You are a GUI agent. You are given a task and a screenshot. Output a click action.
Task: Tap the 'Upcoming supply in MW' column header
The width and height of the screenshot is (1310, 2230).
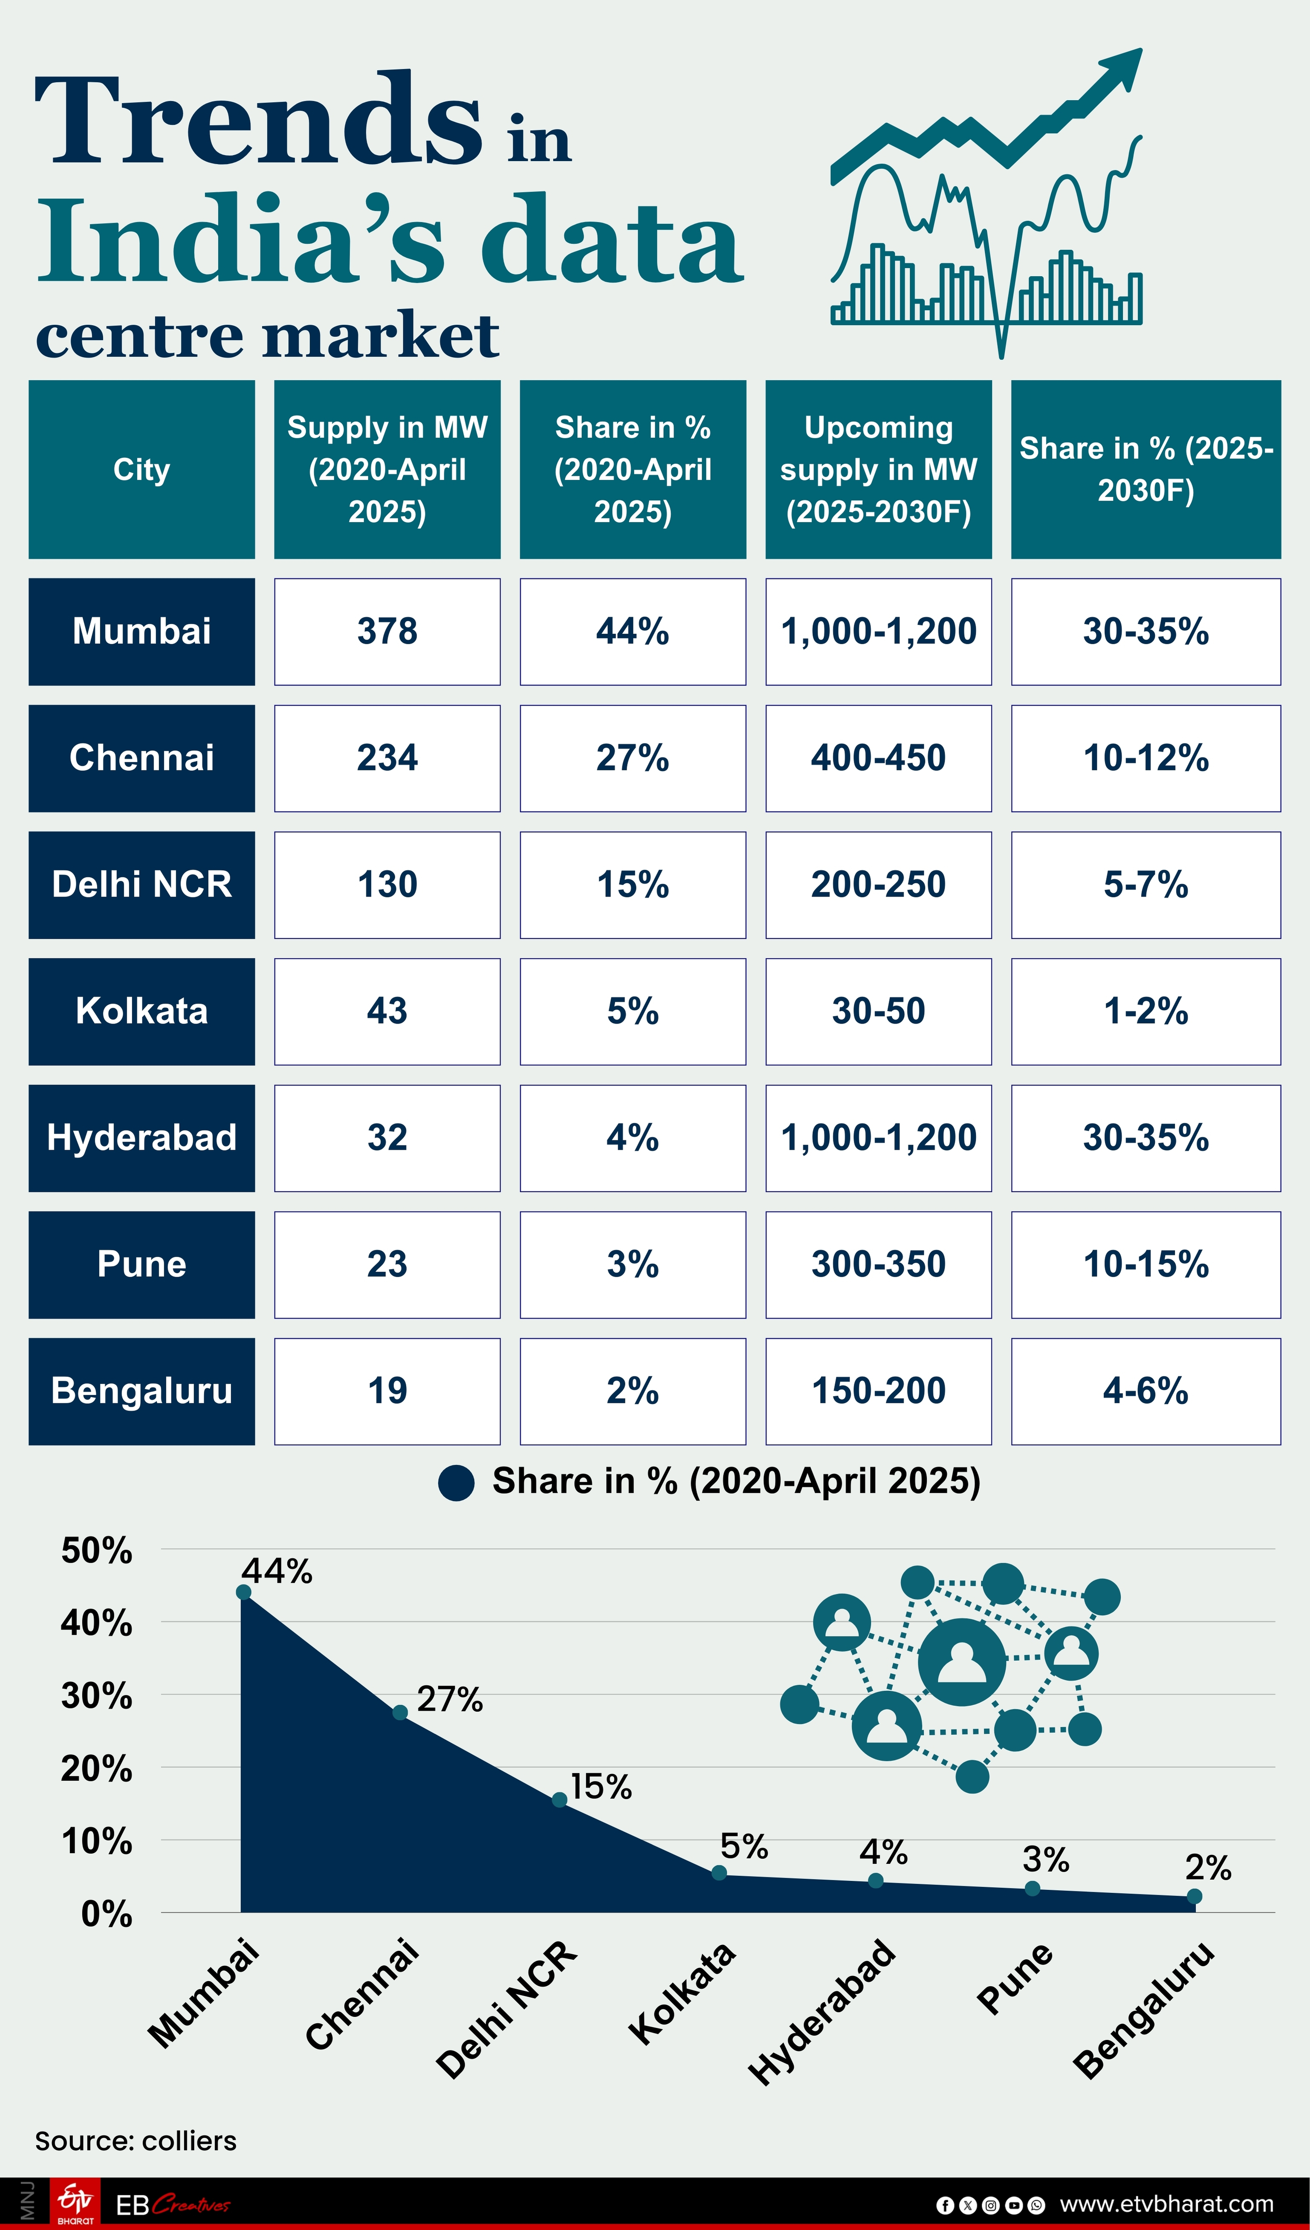click(x=878, y=469)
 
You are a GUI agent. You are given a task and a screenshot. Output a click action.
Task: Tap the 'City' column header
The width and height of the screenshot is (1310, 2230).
click(x=142, y=469)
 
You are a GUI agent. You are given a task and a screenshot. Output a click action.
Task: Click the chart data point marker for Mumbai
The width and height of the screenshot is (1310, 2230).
click(x=243, y=1592)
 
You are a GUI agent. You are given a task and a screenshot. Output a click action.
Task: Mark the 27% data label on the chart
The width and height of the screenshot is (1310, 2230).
click(x=450, y=1699)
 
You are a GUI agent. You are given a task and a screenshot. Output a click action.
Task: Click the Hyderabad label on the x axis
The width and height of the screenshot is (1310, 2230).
click(x=821, y=2010)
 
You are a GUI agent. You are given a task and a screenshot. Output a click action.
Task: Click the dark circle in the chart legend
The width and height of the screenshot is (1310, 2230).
click(x=456, y=1482)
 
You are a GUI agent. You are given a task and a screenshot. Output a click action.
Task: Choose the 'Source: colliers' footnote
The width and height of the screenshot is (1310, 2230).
click(x=136, y=2140)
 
